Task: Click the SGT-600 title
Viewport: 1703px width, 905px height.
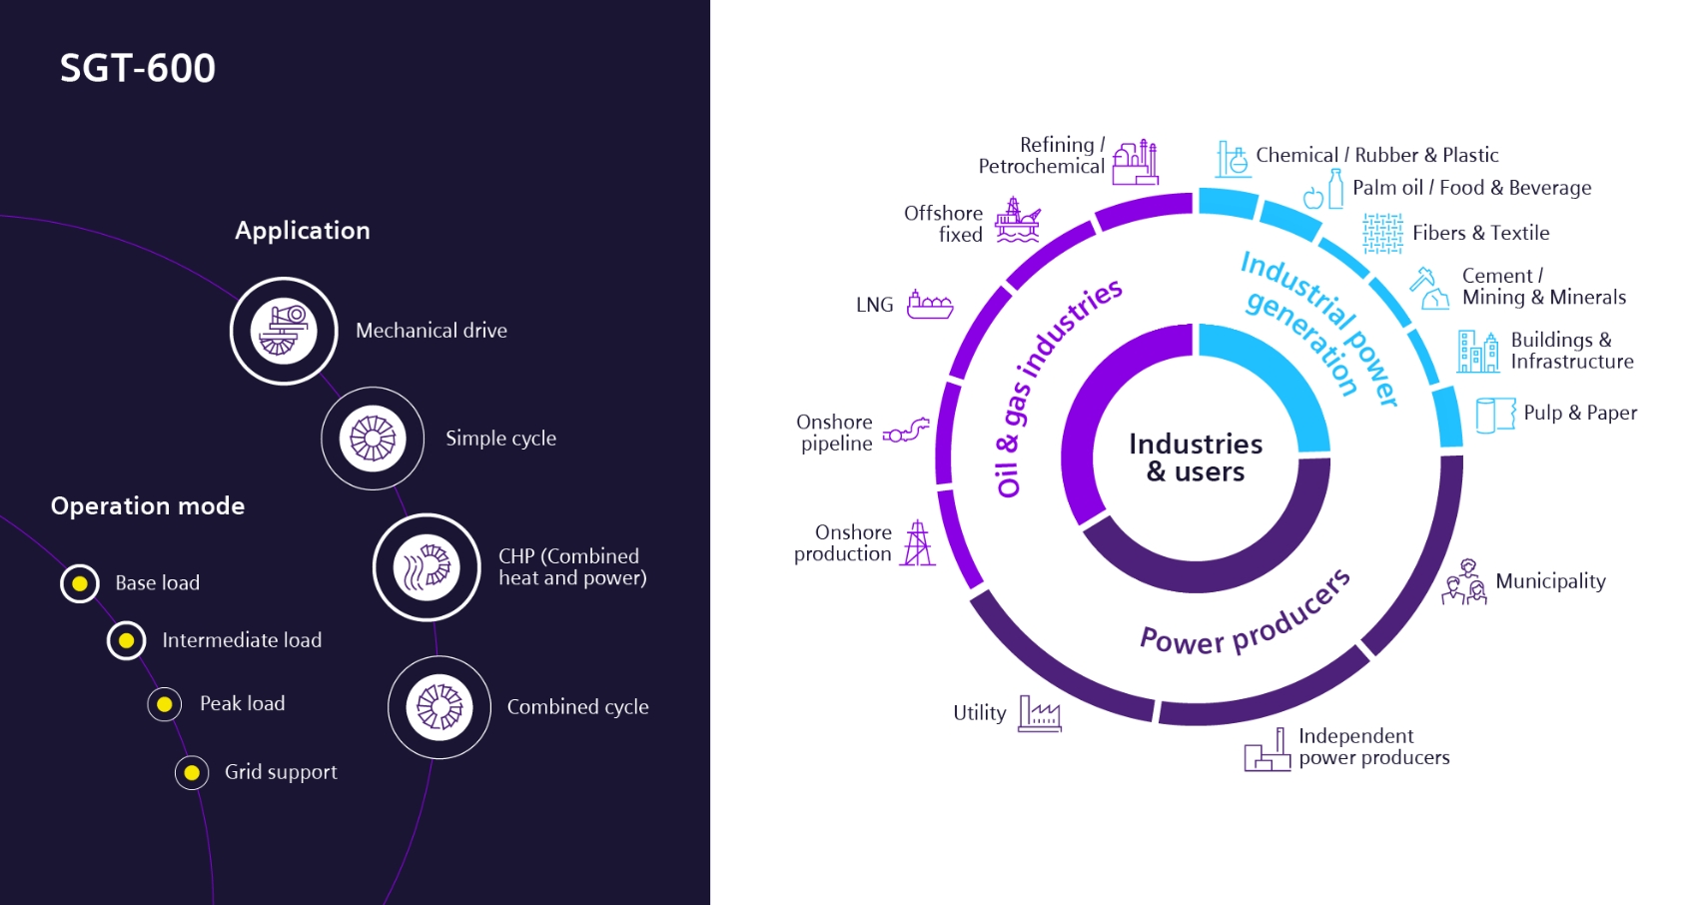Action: pos(138,68)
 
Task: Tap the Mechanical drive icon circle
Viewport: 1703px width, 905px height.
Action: pos(284,331)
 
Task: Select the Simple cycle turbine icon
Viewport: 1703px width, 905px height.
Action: pos(373,439)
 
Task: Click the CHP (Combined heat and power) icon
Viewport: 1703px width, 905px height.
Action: pos(426,567)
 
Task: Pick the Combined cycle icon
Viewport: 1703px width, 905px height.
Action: pos(439,707)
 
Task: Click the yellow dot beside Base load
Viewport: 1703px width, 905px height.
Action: pos(80,583)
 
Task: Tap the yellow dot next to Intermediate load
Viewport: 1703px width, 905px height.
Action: pos(127,640)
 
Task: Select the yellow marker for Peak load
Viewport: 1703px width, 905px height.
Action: pos(165,704)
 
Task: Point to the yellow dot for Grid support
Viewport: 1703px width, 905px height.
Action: pos(192,772)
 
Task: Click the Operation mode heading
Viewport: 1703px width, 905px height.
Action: pos(148,506)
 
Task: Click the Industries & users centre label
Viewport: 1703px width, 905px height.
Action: pos(1196,457)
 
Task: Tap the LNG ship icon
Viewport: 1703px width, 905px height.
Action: pos(929,305)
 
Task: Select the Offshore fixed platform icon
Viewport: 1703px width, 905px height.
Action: pos(1017,221)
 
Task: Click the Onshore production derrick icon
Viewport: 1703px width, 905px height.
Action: pos(917,543)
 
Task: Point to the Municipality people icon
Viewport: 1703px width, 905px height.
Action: pos(1464,582)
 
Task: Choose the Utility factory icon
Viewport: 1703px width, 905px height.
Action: pos(1039,713)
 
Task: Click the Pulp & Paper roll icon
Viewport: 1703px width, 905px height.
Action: pos(1494,415)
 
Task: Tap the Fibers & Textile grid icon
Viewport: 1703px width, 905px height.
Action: pos(1382,234)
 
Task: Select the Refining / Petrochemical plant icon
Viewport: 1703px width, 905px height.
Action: pos(1136,162)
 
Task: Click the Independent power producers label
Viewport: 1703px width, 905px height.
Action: pos(1373,747)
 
